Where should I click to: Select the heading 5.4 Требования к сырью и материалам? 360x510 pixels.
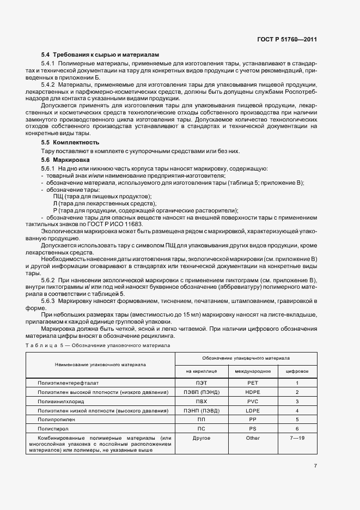pyautogui.click(x=101, y=55)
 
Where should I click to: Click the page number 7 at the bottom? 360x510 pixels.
pyautogui.click(x=315, y=465)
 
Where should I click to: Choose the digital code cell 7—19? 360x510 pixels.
pyautogui.click(x=297, y=438)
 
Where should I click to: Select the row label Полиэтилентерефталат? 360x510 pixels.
pyautogui.click(x=69, y=383)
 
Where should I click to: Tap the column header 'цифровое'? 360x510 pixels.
pyautogui.click(x=297, y=371)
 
